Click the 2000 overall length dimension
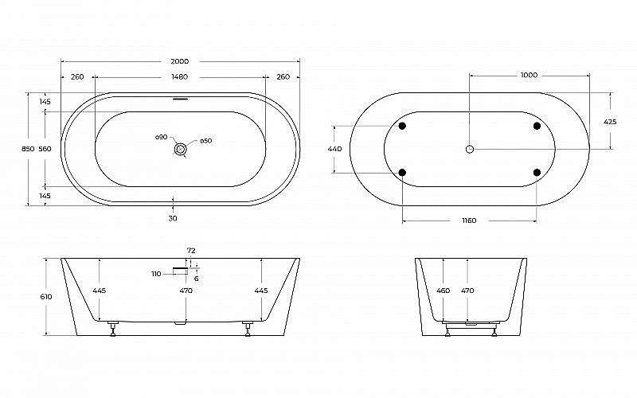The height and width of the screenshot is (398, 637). point(182,62)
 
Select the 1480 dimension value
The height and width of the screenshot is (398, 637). point(180,77)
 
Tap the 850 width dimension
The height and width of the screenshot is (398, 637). point(28,150)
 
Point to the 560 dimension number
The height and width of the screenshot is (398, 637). point(45,150)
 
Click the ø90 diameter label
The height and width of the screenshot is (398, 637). point(162,138)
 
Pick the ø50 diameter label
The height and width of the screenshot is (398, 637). point(205,141)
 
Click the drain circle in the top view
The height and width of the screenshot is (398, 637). point(182,148)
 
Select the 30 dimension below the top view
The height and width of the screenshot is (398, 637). point(173,218)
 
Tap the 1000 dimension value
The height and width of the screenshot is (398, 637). point(529,76)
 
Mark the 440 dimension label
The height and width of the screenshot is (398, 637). point(334,150)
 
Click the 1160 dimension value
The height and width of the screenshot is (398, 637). point(470,220)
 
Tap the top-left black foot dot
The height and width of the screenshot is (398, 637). point(402,127)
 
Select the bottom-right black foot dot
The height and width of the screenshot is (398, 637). point(537,172)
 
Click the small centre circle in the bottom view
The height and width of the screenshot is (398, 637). point(470,149)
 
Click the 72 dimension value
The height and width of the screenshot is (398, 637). point(191,251)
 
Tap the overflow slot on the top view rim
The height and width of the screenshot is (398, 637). point(181,100)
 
